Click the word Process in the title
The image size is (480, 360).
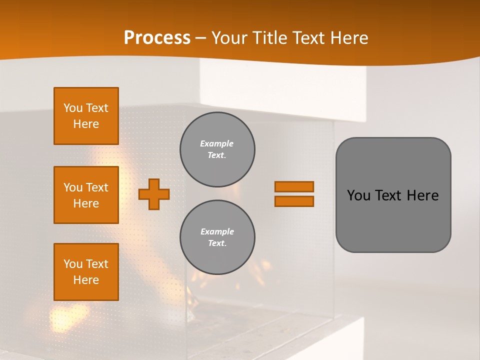tap(157, 37)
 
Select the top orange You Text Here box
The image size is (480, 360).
tap(86, 116)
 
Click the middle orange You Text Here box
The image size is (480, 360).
tap(86, 195)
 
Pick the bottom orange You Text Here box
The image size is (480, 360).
tap(86, 272)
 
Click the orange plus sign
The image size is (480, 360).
tap(154, 194)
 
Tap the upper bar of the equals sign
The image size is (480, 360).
tap(294, 186)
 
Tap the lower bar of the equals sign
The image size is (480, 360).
tap(294, 201)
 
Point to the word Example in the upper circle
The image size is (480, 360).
tap(217, 143)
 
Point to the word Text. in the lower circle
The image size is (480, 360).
tap(217, 243)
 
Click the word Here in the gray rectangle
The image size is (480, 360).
tap(422, 195)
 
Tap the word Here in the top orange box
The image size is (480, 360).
tap(86, 124)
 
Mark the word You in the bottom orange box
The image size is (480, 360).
tap(73, 264)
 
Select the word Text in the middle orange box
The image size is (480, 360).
tap(97, 187)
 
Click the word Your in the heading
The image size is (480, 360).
tap(229, 37)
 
